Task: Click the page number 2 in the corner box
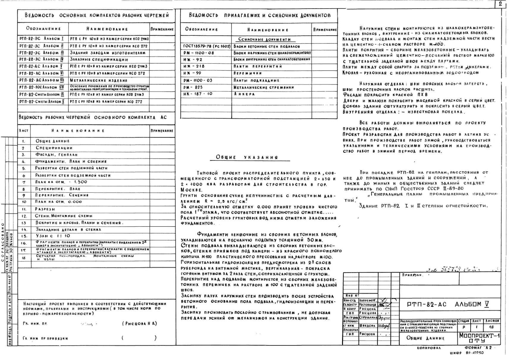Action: click(x=500, y=4)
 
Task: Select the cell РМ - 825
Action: click(x=193, y=87)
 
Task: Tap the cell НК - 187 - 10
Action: click(x=198, y=94)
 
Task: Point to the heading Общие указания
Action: click(x=247, y=157)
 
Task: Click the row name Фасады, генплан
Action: click(x=57, y=155)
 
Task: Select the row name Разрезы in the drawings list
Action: click(x=45, y=209)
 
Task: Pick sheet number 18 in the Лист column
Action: click(x=24, y=258)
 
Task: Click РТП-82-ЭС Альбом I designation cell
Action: click(x=42, y=39)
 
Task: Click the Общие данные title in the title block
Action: click(x=425, y=338)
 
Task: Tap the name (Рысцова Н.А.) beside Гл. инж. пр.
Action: click(x=139, y=323)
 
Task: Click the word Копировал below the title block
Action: click(x=429, y=348)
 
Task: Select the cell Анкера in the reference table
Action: click(x=245, y=94)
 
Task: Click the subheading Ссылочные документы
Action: click(x=266, y=40)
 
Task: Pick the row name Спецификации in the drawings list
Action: click(x=54, y=148)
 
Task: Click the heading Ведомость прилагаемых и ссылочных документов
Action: click(x=260, y=15)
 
